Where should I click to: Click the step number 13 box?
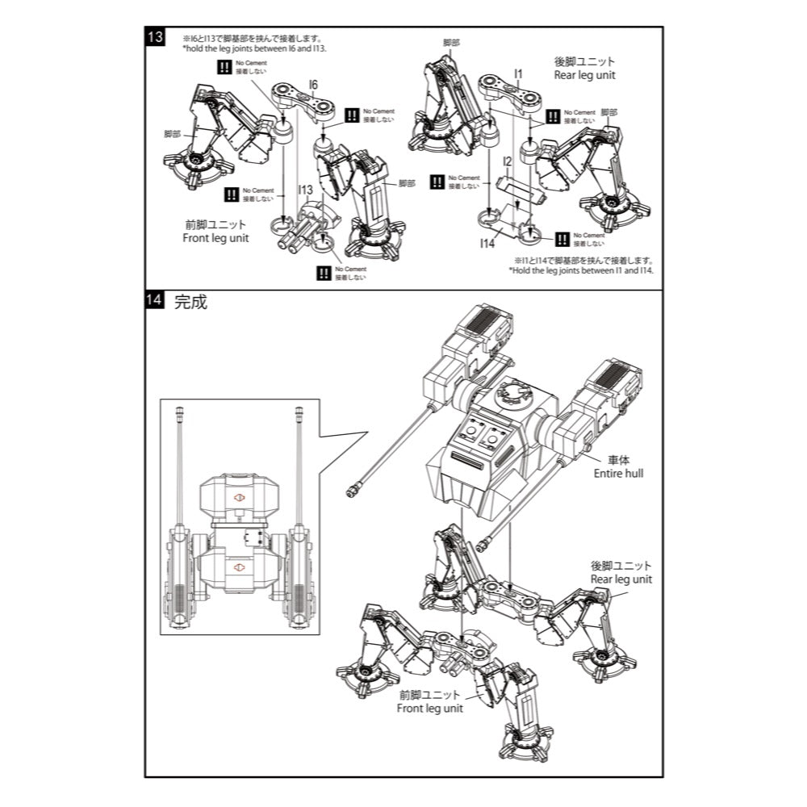pos(156,37)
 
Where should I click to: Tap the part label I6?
pos(313,84)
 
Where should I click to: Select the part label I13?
pos(304,190)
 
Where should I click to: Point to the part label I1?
pos(519,74)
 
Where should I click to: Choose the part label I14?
pos(487,242)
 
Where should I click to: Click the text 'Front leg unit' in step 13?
pos(215,238)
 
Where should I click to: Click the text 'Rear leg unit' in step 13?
pos(584,75)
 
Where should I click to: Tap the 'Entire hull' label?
pos(619,473)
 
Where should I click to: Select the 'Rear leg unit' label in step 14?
pos(621,579)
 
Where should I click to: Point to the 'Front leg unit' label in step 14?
pos(430,708)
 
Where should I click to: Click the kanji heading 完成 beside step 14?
pos(190,303)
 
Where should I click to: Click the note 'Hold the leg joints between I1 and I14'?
pos(581,270)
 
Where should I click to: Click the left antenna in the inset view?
pos(178,468)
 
